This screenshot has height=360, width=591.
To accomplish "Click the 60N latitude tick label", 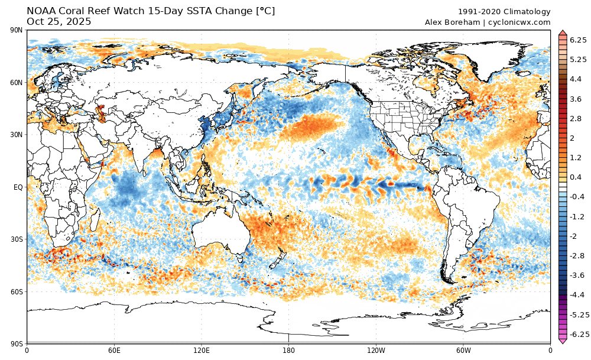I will point(17,83).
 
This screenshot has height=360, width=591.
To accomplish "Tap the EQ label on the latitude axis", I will point(18,187).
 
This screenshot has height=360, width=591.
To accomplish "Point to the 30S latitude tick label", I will point(17,239).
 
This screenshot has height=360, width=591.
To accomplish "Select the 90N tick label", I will point(17,31).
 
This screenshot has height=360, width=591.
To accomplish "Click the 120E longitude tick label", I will point(202,350).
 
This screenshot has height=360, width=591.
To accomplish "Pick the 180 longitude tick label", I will point(288,350).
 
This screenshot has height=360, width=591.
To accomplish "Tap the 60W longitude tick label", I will point(463,350).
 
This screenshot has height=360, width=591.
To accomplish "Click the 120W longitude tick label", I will point(376,350).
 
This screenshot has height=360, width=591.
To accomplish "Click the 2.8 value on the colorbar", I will point(576,118).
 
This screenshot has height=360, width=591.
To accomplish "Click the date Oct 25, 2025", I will point(59,21).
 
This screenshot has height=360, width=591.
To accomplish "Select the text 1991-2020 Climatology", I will point(504,12).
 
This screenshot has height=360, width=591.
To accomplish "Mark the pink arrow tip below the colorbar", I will point(563,342).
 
